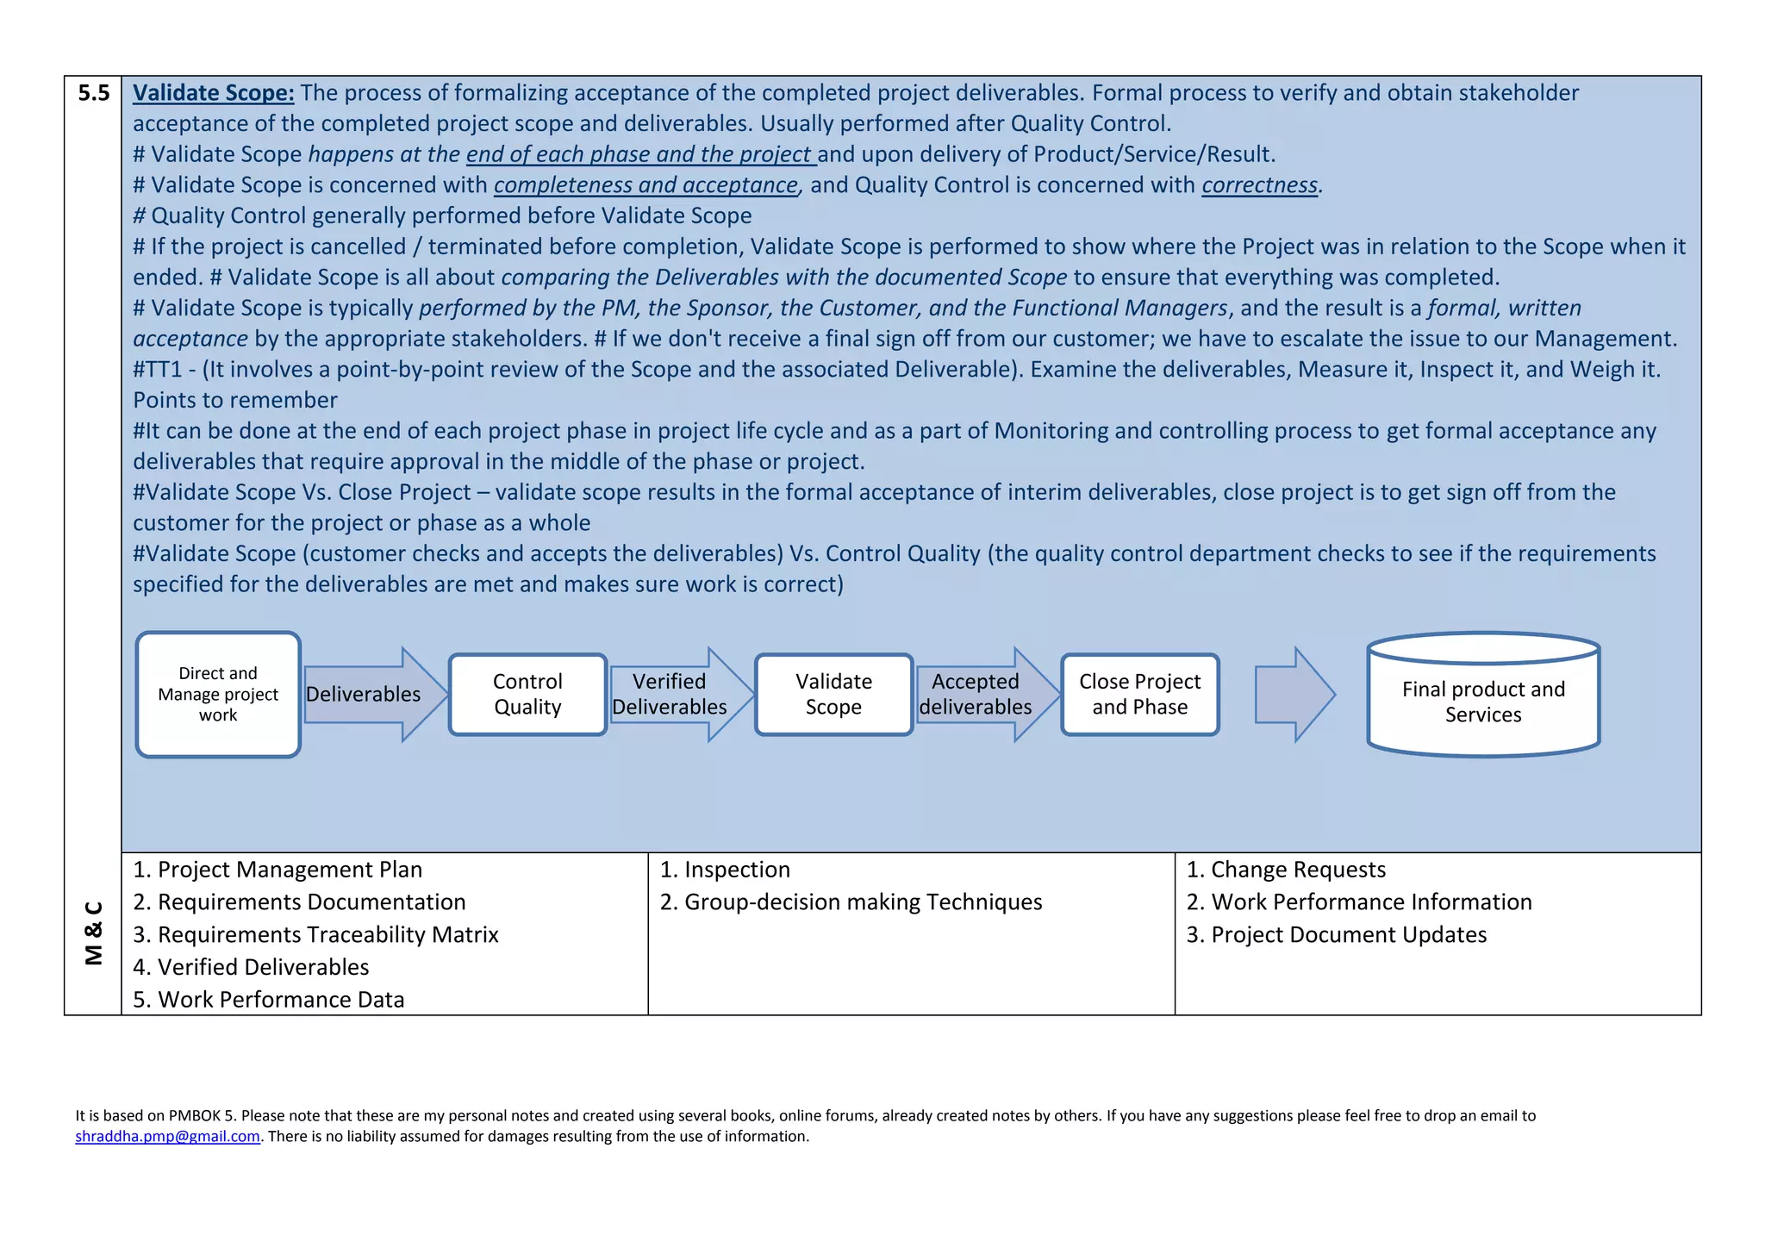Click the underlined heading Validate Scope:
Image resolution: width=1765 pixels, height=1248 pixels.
point(213,93)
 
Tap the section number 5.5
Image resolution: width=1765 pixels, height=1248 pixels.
point(93,93)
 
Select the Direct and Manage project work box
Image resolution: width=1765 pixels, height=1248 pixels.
point(218,695)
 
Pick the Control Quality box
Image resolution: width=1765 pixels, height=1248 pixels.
point(527,695)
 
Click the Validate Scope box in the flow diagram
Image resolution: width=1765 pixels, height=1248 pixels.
point(833,695)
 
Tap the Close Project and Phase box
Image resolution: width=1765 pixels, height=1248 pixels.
point(1139,695)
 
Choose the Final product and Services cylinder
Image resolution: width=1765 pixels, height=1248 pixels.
point(1483,702)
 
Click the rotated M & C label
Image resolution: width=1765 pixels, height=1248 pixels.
point(94,933)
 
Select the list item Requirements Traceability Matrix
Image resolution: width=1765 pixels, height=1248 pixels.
point(316,935)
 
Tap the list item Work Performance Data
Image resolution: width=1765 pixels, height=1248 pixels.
point(269,1000)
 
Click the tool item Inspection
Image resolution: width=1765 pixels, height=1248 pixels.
point(725,870)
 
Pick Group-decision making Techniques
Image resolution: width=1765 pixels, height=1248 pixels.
point(851,902)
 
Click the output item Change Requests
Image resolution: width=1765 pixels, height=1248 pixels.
point(1286,870)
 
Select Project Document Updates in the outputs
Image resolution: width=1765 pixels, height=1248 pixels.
point(1337,935)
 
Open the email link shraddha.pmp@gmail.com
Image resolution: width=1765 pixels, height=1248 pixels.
point(167,1137)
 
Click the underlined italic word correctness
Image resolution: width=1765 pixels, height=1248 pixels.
point(1259,185)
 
